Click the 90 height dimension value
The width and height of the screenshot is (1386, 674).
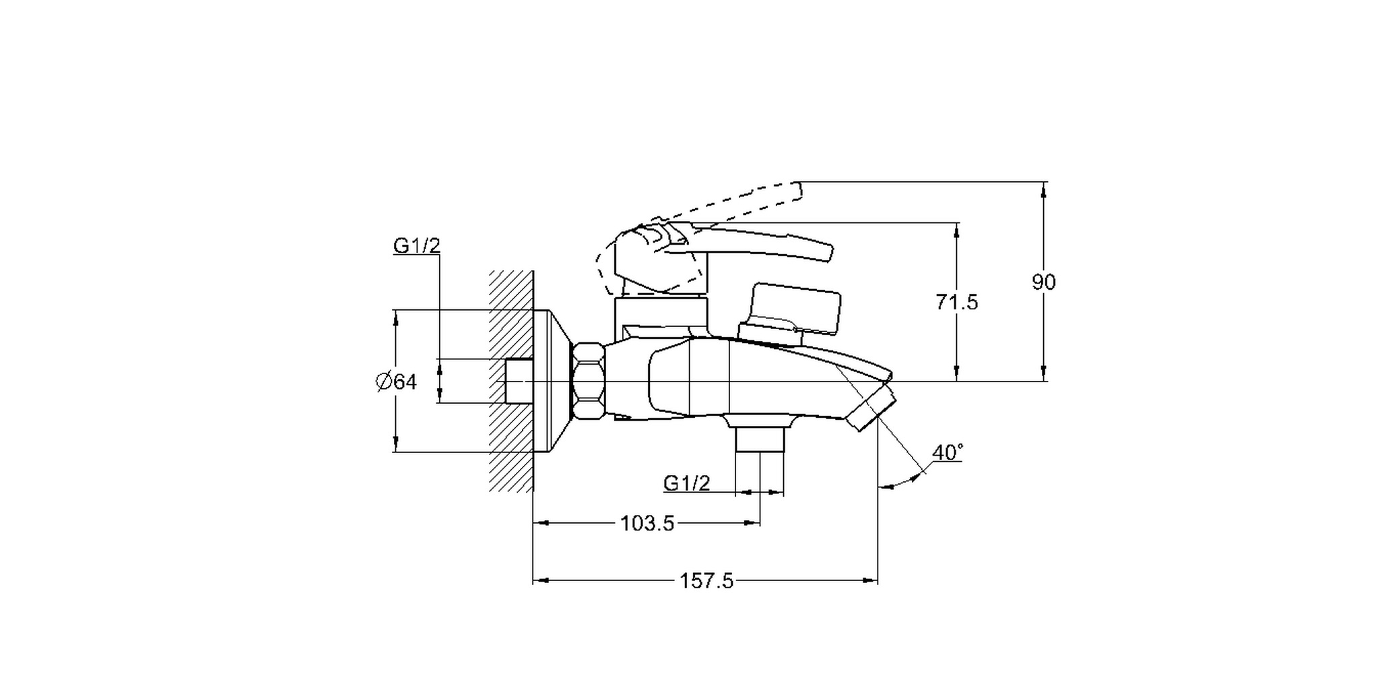tap(1044, 282)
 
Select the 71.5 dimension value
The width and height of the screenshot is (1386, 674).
tap(956, 302)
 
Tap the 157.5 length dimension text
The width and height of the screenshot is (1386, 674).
tap(706, 580)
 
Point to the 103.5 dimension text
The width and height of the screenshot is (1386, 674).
tap(647, 523)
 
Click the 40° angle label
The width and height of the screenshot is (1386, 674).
tap(948, 453)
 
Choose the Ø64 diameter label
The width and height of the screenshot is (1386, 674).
tap(396, 382)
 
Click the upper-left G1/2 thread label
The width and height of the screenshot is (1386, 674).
tap(417, 246)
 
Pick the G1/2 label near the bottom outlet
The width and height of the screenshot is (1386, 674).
tap(686, 483)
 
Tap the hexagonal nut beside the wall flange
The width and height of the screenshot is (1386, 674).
tap(589, 381)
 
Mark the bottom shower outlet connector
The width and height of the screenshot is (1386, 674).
tap(760, 439)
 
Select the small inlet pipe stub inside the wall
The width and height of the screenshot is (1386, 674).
tap(519, 381)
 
